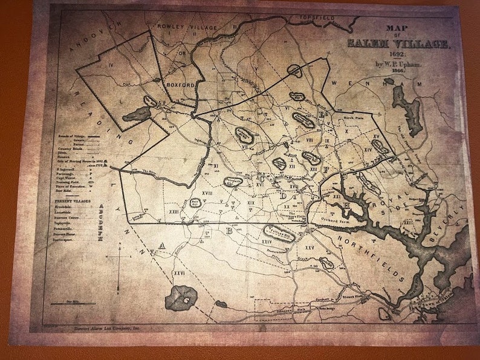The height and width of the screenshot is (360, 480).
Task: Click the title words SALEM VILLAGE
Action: tap(398, 44)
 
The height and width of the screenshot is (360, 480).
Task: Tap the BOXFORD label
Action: tap(180, 85)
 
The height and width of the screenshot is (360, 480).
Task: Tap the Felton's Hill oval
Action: tap(280, 233)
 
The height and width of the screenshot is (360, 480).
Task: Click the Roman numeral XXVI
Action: tap(179, 273)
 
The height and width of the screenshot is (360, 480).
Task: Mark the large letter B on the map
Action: tap(229, 230)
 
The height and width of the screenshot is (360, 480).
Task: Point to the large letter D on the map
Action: tap(282, 196)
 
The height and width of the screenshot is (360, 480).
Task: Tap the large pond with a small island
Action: tap(181, 297)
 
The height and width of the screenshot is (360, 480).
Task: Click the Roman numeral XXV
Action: tap(310, 248)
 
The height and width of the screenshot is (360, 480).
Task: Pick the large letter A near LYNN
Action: tap(161, 245)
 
